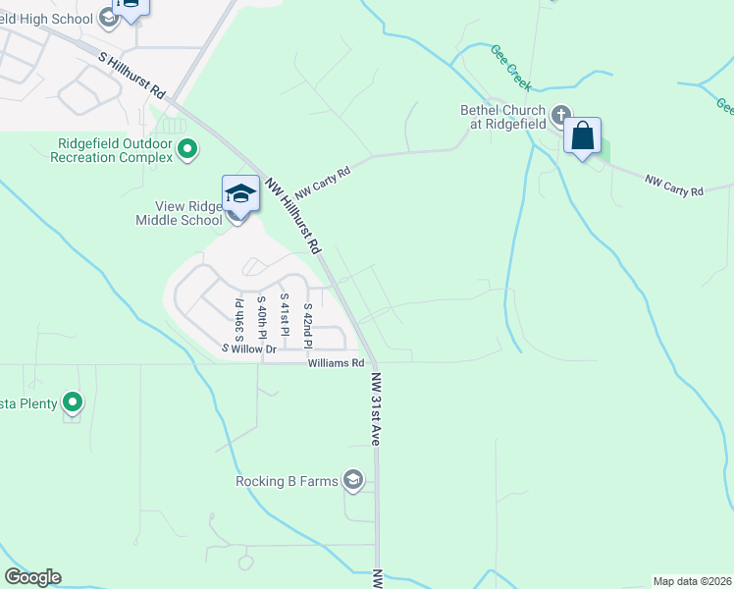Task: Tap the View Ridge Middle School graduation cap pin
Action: (x=240, y=192)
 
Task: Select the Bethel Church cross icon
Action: (x=562, y=117)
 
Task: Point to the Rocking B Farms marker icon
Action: (x=353, y=480)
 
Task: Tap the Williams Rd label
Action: (x=329, y=363)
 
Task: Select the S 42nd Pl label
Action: (x=307, y=326)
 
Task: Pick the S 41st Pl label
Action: (x=284, y=315)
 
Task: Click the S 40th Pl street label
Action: (x=261, y=317)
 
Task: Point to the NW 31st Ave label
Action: (x=375, y=408)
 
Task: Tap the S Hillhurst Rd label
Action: (x=133, y=74)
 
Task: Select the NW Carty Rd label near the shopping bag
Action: (x=674, y=184)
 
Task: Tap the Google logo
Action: (x=32, y=577)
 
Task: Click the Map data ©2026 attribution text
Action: (x=693, y=580)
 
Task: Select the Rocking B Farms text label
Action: (x=287, y=481)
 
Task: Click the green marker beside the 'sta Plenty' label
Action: (x=73, y=402)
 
